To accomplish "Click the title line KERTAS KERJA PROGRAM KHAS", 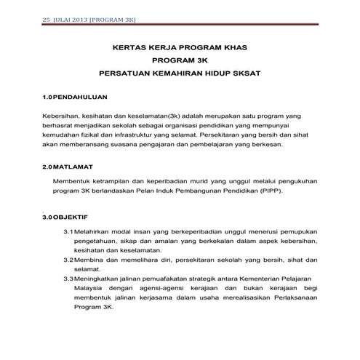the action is click(180, 48).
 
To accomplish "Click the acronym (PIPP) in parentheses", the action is click(266, 191).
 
